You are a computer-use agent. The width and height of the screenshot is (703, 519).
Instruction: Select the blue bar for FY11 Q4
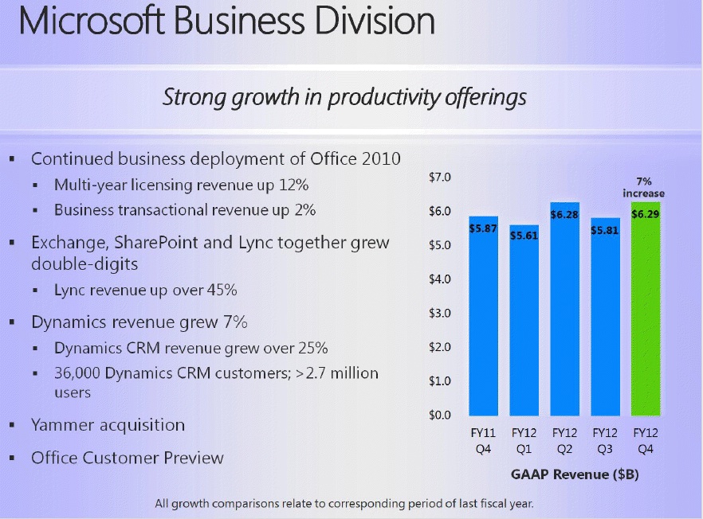click(483, 318)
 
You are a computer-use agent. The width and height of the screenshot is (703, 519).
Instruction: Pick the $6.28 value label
click(564, 214)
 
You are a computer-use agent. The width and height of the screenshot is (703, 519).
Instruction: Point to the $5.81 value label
click(605, 229)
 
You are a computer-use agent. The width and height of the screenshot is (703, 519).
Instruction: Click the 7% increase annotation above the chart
click(643, 188)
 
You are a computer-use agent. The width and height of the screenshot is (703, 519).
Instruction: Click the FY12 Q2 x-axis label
click(564, 443)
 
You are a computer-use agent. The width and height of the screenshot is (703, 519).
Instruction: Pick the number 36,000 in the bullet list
click(81, 373)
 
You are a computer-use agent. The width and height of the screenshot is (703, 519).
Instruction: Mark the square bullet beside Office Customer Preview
click(13, 459)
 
